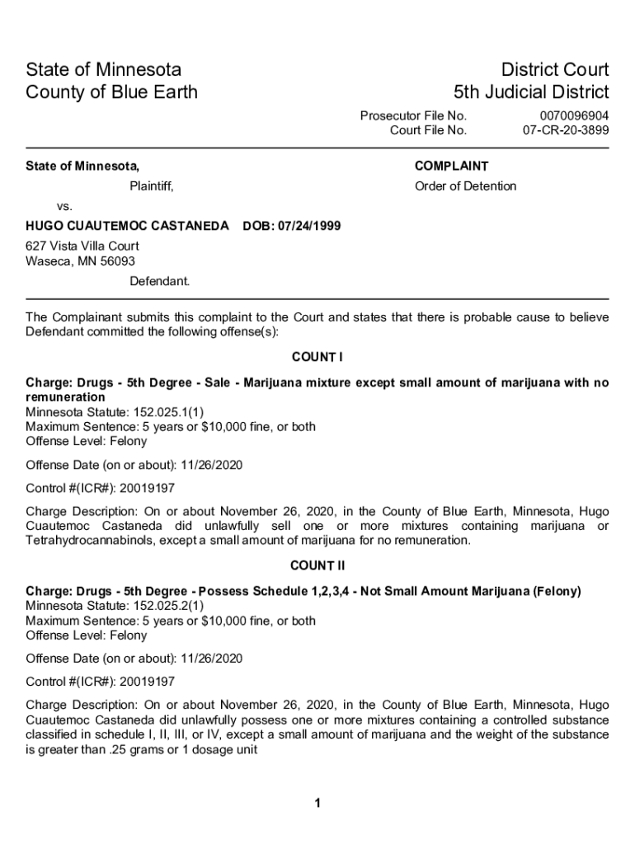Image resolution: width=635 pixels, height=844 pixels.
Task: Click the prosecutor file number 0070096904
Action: [x=574, y=116]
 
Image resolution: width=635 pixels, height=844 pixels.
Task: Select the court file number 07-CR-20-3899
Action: [x=566, y=130]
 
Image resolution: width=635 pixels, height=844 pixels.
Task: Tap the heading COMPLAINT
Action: [x=451, y=166]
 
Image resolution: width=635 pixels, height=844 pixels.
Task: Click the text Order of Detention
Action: [x=465, y=186]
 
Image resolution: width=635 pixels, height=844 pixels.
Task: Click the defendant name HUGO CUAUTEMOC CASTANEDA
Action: [x=127, y=226]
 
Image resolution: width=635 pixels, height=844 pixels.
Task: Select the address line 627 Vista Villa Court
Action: [x=82, y=246]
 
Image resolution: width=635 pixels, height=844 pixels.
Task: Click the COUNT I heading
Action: [x=317, y=357]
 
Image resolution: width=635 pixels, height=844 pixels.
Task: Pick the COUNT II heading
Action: [x=317, y=565]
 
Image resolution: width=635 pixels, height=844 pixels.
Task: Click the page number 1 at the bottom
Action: [x=317, y=804]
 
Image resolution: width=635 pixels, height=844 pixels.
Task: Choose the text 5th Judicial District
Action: [x=531, y=91]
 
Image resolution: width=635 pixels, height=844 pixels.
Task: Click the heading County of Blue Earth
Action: [x=112, y=91]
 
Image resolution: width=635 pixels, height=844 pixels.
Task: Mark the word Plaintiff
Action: [x=151, y=186]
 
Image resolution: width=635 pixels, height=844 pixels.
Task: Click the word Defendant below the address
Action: [x=159, y=281]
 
